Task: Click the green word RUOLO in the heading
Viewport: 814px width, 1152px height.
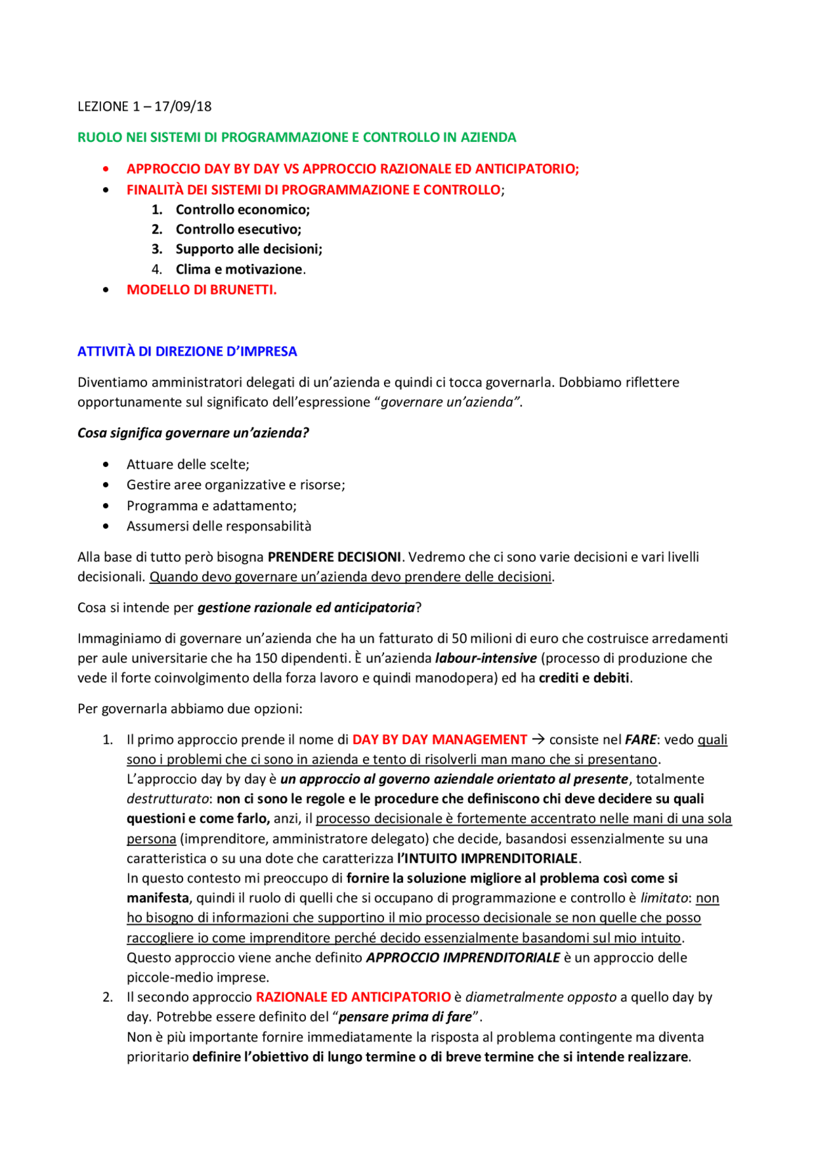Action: (100, 137)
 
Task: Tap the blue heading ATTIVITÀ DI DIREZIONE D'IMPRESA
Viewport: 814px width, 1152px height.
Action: (187, 351)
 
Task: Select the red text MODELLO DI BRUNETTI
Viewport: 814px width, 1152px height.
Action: (201, 290)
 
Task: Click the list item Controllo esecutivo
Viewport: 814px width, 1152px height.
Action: (238, 229)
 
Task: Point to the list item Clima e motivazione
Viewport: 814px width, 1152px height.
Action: (239, 269)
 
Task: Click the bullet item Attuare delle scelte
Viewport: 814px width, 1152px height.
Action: (188, 464)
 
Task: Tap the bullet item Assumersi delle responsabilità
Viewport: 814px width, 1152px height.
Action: (219, 526)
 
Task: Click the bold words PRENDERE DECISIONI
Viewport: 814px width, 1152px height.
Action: (334, 557)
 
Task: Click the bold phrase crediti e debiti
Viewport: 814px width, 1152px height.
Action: (584, 678)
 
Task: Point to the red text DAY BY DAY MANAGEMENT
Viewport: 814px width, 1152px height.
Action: (439, 740)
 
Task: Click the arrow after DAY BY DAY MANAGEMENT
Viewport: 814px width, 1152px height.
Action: (538, 740)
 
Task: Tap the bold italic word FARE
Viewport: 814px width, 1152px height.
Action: (640, 740)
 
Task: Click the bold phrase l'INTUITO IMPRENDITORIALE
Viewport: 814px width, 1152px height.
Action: (487, 859)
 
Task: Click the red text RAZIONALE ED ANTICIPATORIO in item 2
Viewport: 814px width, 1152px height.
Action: (353, 997)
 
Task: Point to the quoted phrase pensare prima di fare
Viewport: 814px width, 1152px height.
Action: (405, 1017)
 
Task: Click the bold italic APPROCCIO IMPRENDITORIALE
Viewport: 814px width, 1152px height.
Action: (462, 958)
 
